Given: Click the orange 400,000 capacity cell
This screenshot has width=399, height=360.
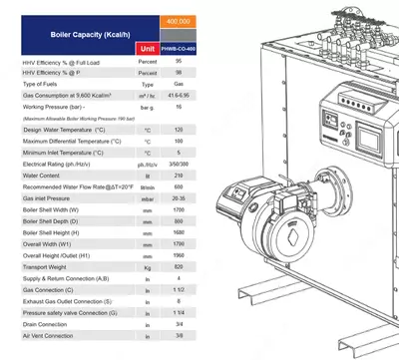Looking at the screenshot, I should click(180, 21).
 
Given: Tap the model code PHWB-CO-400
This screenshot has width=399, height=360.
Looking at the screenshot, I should click(180, 48).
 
